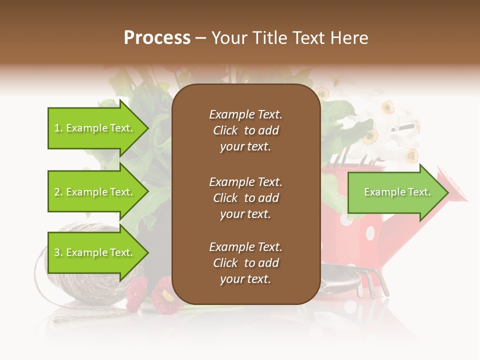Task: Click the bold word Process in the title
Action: [x=157, y=38]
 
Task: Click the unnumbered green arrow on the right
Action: [x=395, y=192]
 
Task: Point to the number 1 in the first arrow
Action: [x=57, y=128]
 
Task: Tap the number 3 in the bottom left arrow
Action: [x=57, y=253]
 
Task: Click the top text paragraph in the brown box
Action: [x=245, y=130]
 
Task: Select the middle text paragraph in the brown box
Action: [x=245, y=198]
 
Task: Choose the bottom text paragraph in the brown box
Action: [x=245, y=263]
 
